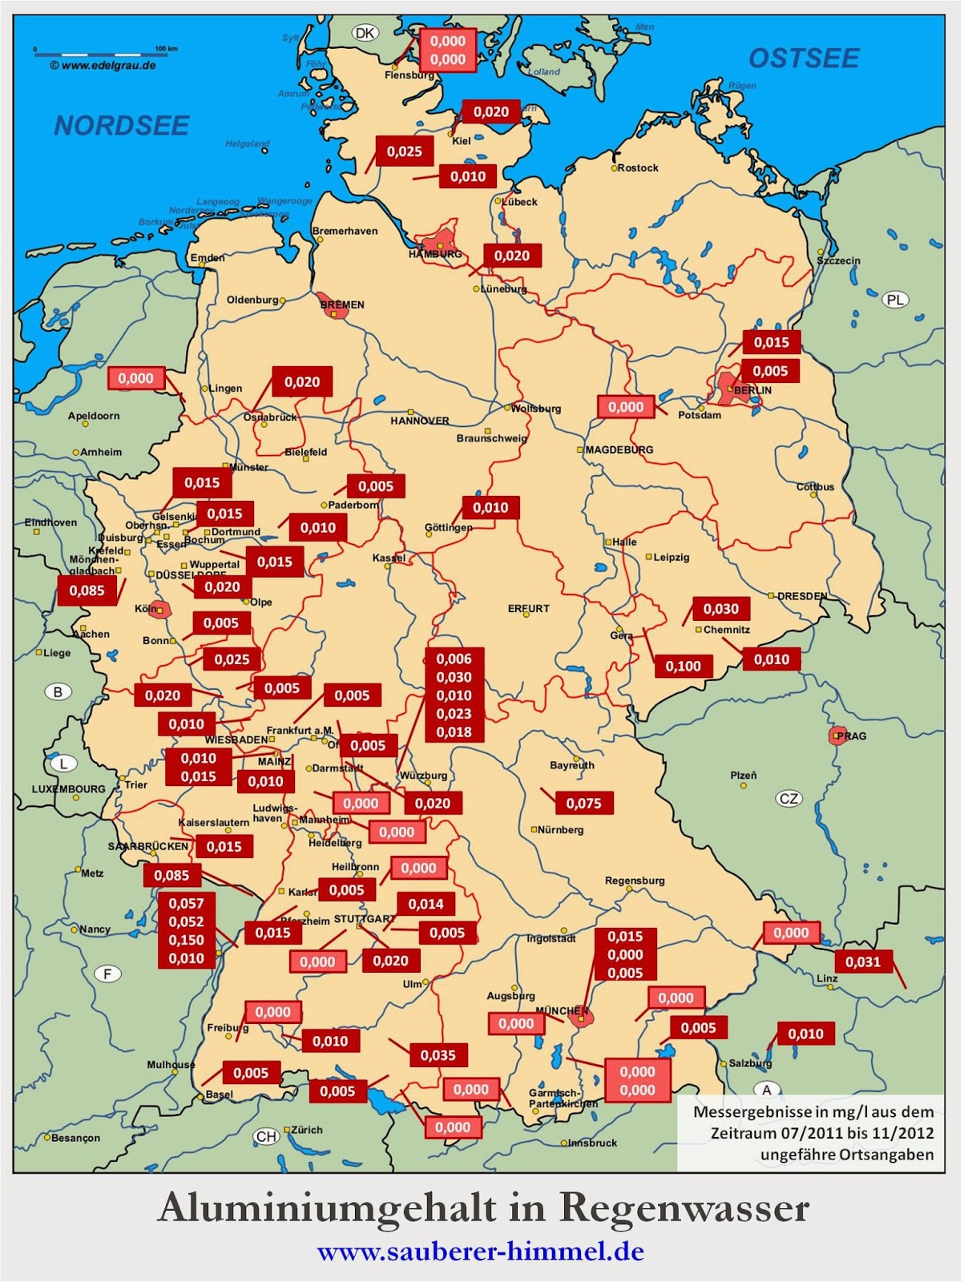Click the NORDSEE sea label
122,126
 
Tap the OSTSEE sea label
804,58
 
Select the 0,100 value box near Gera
683,666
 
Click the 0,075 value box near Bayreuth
583,803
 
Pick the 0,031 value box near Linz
863,961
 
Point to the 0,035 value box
438,1055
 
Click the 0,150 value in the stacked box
186,940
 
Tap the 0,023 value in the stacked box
454,714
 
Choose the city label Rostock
638,168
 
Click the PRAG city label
851,736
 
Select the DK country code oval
365,33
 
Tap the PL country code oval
895,300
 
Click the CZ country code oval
789,799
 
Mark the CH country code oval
266,1136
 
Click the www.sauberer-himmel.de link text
481,1252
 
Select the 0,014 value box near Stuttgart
426,904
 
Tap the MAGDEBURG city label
619,450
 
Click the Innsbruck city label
592,1143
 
